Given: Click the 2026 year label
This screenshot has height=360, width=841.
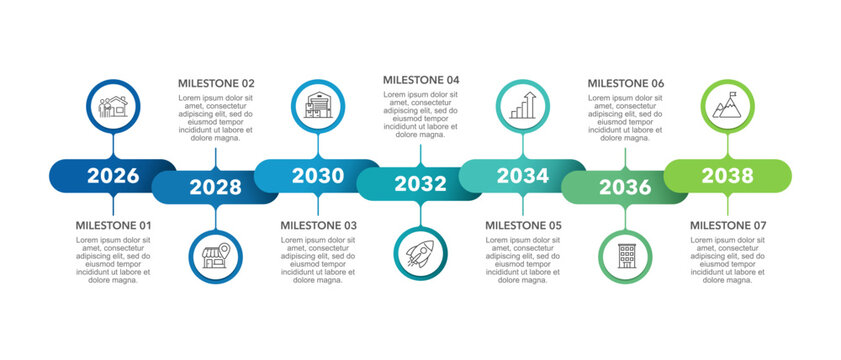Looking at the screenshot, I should tap(113, 176).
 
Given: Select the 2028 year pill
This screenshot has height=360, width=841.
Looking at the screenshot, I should tap(215, 187).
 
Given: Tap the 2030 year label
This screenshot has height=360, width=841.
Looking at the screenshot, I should tap(317, 176).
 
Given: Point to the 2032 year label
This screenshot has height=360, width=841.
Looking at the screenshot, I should tap(420, 184).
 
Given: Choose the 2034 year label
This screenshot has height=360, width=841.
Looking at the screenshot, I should tap(523, 176).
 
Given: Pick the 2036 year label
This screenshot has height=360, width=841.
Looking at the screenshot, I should tap(625, 187).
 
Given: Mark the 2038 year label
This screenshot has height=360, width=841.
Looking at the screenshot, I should tap(727, 176).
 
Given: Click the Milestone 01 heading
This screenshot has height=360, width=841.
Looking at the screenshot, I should tap(115, 226).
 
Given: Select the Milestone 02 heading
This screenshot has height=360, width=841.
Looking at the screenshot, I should tap(216, 83).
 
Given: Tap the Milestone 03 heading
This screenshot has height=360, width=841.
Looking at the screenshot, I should tap(319, 226).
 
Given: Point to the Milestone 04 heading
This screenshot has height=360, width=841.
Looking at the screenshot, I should tap(421, 80).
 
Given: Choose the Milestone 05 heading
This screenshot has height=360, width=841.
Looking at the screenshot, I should tap(524, 226).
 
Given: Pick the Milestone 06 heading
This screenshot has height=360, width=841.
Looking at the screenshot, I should tap(625, 83).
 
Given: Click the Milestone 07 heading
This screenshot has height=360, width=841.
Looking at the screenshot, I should tap(729, 226).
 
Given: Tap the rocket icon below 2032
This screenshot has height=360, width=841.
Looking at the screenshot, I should tap(420, 252).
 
